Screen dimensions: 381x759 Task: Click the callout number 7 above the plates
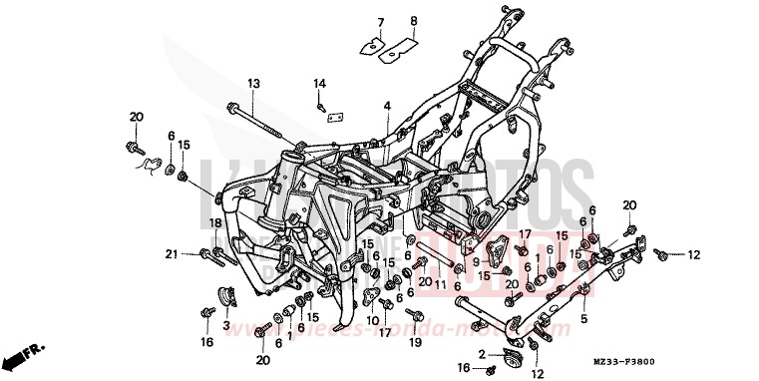(x=380, y=21)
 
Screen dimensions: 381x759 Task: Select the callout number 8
(x=414, y=21)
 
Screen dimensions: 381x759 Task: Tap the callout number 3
(x=226, y=325)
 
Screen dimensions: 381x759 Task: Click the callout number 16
(x=206, y=342)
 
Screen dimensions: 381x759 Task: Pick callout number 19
(x=415, y=342)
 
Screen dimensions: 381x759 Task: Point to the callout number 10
(x=373, y=319)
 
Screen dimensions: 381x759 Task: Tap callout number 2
(x=481, y=354)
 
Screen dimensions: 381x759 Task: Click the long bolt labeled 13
(x=261, y=126)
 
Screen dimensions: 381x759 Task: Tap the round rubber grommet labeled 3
(x=227, y=297)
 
